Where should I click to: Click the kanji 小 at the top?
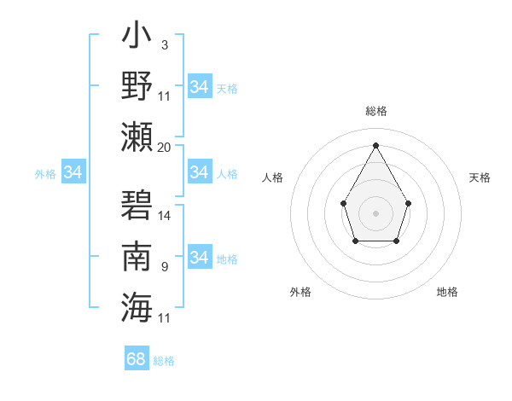(137, 41)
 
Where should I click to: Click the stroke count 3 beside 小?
(164, 45)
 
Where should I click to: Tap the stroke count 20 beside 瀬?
(164, 147)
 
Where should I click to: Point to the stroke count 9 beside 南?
(164, 267)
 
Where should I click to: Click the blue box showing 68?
(137, 359)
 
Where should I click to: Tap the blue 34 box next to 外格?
(73, 172)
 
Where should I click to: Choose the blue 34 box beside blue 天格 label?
(200, 87)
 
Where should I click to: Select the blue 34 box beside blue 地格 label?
(200, 258)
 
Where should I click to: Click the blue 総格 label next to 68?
(164, 361)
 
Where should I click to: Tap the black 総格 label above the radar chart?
(375, 111)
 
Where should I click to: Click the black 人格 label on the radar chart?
(272, 177)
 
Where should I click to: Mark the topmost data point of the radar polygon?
(375, 144)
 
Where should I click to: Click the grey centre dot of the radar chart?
(375, 212)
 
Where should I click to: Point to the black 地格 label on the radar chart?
(447, 292)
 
